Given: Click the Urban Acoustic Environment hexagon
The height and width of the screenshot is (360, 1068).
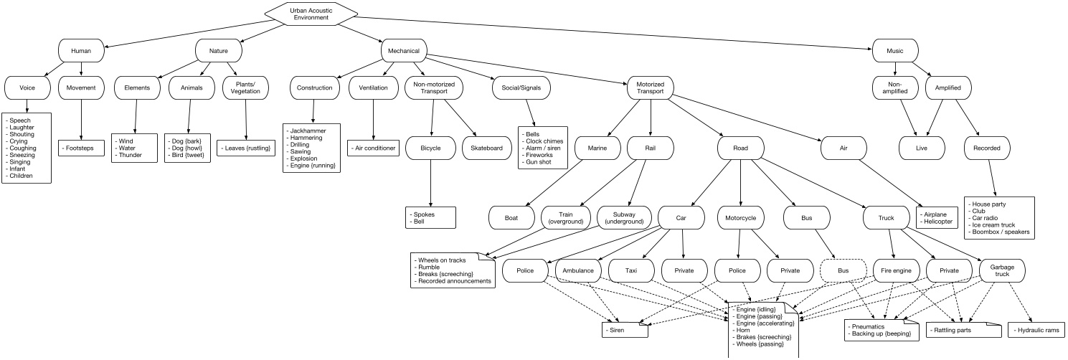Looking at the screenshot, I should [311, 13].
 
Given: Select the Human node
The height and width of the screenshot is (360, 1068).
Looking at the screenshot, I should [81, 51].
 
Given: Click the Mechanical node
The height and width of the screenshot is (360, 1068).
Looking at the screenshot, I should [404, 51].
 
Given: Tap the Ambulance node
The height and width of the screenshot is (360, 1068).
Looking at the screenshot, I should [579, 271].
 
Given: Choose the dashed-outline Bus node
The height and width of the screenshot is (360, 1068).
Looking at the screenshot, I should [843, 271].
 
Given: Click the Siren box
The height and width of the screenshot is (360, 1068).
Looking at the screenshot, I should [624, 331].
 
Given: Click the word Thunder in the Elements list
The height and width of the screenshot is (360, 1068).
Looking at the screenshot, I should [130, 155].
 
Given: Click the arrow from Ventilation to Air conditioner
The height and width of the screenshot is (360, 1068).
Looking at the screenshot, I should [374, 118].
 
